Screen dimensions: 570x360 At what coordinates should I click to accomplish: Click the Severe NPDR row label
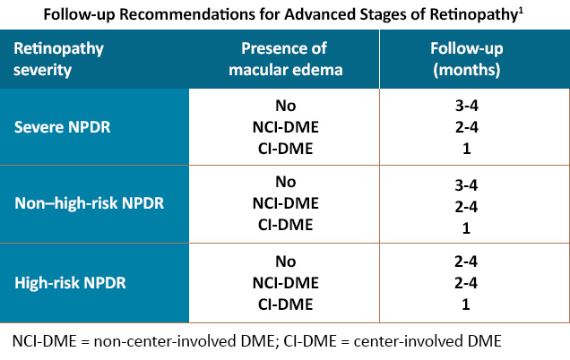tap(62, 127)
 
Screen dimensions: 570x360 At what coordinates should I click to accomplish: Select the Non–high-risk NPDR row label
tap(90, 203)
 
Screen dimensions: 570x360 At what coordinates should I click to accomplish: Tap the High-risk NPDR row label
tap(70, 283)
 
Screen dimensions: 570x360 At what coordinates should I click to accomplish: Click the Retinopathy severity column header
tap(58, 59)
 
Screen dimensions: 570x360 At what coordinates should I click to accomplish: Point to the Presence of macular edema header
tap(285, 59)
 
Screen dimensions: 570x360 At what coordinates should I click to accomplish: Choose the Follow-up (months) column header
tap(467, 59)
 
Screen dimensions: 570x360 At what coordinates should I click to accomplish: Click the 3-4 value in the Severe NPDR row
tap(467, 106)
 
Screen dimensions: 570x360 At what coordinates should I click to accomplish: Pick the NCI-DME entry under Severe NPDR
tap(286, 127)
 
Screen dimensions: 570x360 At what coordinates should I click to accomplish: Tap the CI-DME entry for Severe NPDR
tap(286, 149)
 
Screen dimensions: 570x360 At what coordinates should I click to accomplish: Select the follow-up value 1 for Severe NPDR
tap(467, 149)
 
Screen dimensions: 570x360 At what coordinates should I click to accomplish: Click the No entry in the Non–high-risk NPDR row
tap(286, 182)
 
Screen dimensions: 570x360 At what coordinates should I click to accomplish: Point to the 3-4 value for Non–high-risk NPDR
tap(466, 185)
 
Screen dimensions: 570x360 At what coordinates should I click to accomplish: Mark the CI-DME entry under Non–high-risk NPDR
tap(286, 225)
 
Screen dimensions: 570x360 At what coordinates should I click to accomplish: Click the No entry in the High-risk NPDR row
tap(286, 261)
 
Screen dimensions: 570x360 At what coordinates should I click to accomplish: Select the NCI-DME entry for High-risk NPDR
tap(286, 283)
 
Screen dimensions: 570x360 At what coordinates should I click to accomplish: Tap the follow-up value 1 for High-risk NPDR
tap(466, 304)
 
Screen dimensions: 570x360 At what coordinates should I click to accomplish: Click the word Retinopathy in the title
tap(473, 15)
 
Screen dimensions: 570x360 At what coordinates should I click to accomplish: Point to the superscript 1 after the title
tap(521, 11)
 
